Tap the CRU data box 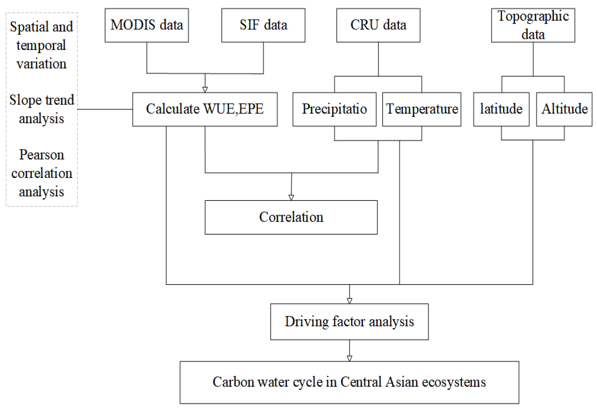click(378, 25)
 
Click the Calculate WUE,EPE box click(205, 109)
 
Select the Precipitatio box click(334, 109)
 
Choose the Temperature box click(422, 109)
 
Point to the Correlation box click(291, 217)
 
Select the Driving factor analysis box click(349, 322)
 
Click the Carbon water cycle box click(349, 382)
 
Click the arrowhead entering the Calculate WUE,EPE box click(205, 90)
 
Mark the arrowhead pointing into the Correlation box click(291, 198)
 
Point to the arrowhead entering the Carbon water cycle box click(350, 358)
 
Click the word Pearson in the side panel click(42, 155)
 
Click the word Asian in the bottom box click(401, 382)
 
